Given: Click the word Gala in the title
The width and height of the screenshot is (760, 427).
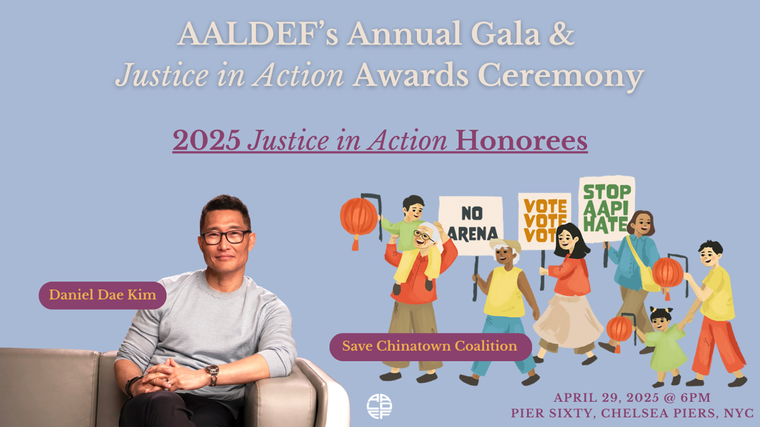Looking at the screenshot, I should (505, 34).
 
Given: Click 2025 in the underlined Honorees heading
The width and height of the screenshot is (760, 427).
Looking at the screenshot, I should (206, 141).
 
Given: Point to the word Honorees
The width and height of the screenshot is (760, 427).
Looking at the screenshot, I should (521, 141).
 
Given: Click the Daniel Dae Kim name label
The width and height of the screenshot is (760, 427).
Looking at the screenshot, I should (103, 295).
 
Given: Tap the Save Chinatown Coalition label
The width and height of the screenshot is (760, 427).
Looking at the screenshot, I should (430, 346).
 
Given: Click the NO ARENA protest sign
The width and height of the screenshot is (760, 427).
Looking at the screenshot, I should (472, 224).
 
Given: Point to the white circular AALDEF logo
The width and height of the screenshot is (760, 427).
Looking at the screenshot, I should (379, 406).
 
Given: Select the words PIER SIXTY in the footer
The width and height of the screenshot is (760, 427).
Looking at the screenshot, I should (553, 413).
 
